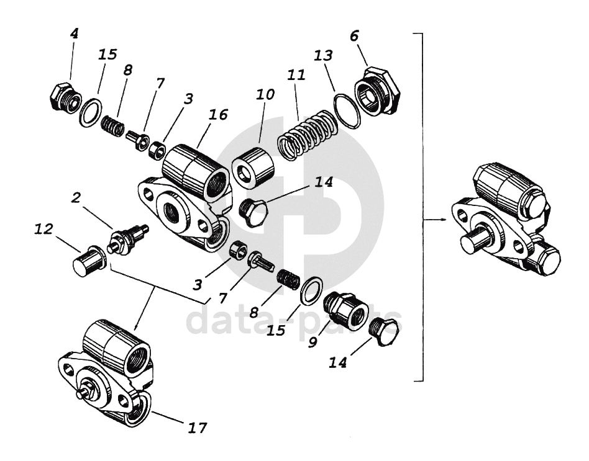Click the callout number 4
pyautogui.click(x=74, y=34)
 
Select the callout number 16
pyautogui.click(x=218, y=115)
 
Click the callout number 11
pyautogui.click(x=296, y=76)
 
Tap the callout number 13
pyautogui.click(x=324, y=56)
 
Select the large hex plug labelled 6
pyautogui.click(x=377, y=92)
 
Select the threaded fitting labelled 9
pyautogui.click(x=345, y=308)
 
